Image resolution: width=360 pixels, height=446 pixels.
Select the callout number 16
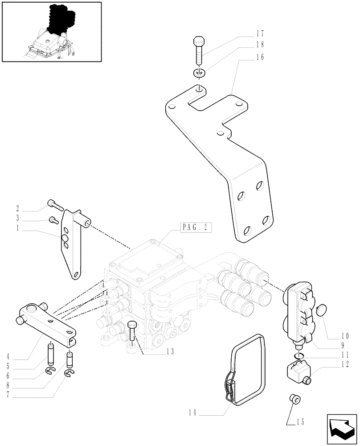click(260, 57)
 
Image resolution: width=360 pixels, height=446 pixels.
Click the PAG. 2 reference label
click(196, 227)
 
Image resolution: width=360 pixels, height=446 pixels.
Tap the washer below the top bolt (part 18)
click(199, 73)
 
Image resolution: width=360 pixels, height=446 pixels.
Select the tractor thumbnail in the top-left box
click(52, 32)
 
